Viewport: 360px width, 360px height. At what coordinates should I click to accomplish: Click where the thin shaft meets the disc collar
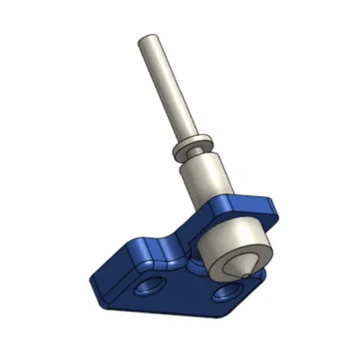pos(184,135)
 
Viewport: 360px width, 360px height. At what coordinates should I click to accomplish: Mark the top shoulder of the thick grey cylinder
pos(200,159)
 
